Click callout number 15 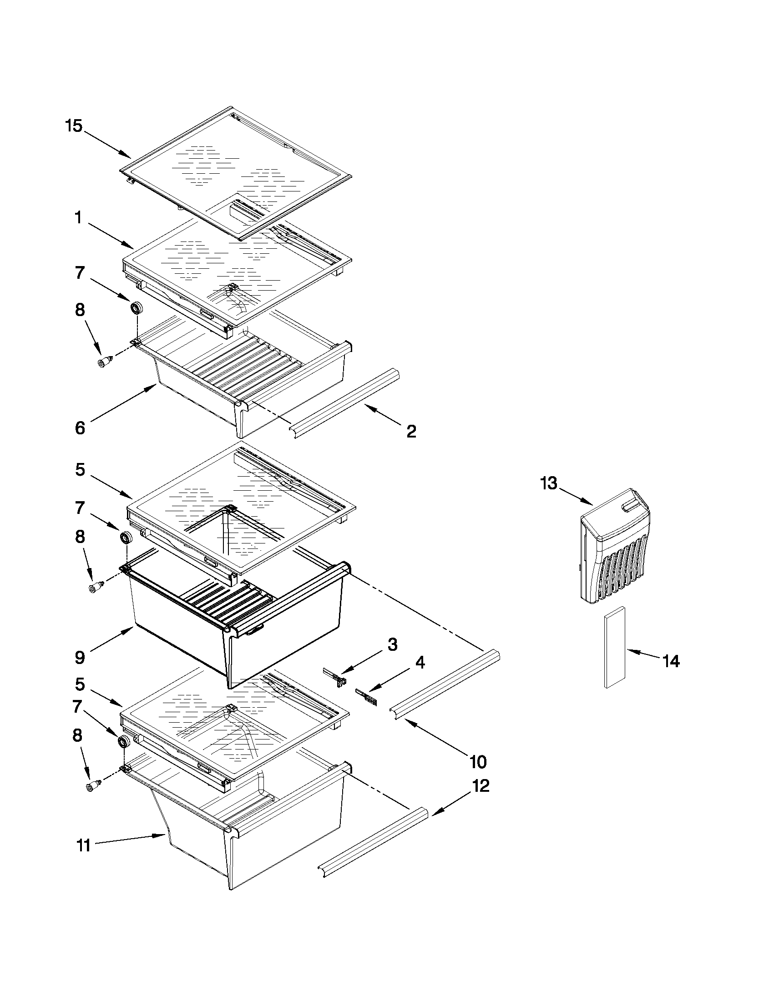(73, 126)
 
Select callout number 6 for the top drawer (80, 428)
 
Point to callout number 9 (80, 658)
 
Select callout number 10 (478, 762)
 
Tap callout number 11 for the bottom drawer (83, 845)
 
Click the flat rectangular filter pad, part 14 (614, 647)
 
